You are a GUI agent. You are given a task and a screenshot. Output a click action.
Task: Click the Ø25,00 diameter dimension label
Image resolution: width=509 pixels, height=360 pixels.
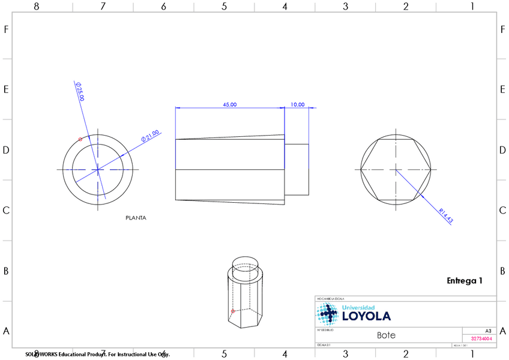[79, 91]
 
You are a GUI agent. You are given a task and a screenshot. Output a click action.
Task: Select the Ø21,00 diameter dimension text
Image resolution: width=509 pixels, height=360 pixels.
[149, 136]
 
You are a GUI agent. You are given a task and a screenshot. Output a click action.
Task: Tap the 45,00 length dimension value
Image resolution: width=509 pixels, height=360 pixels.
[229, 104]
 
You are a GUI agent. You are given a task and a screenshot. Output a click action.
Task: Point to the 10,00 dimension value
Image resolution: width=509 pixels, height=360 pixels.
[297, 104]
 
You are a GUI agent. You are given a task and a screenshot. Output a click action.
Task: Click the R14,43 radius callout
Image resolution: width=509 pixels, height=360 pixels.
[445, 216]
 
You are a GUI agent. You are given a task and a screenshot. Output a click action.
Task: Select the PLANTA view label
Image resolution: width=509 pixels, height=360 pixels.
[136, 218]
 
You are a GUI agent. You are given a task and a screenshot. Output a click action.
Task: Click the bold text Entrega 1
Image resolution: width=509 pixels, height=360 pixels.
[464, 280]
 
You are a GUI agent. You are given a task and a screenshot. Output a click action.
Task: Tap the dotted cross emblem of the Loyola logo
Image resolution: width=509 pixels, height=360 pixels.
[328, 313]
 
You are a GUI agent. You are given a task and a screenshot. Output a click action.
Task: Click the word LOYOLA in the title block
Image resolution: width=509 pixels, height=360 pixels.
[366, 316]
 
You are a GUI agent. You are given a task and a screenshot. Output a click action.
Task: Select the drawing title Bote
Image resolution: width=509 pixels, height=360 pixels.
[386, 335]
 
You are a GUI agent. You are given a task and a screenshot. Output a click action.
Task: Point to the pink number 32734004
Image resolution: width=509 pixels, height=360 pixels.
[481, 338]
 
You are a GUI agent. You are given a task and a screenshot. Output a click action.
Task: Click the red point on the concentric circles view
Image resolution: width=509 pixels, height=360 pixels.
[80, 139]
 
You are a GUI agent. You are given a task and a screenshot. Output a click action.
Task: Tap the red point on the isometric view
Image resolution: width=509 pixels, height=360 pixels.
[232, 311]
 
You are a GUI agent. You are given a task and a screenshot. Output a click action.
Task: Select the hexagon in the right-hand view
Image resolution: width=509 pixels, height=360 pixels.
[396, 169]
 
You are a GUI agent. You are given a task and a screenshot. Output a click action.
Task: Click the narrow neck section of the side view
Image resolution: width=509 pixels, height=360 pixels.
[297, 170]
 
